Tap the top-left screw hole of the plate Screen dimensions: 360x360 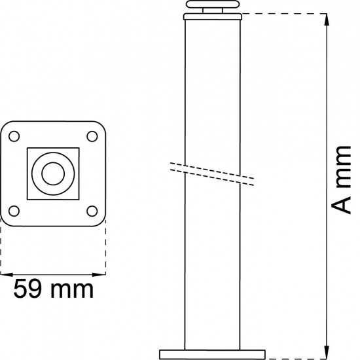coord(14,137)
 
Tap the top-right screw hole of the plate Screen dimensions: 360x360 coord(92,137)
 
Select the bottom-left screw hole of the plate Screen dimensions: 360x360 coord(14,211)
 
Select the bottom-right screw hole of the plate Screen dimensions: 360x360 coord(92,211)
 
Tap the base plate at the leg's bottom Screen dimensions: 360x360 coord(215,353)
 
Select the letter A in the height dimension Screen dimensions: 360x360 coord(340,206)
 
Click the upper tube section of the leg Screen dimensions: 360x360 coord(215,85)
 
